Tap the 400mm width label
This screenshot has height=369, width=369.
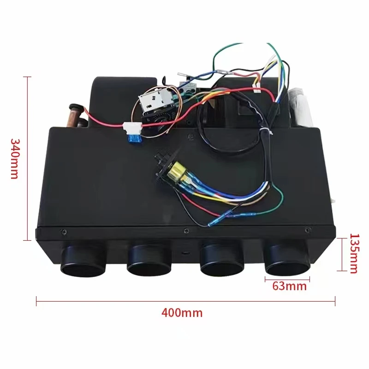(182, 312)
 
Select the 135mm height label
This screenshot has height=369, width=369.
(353, 254)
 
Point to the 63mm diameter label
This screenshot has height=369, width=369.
(289, 286)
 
